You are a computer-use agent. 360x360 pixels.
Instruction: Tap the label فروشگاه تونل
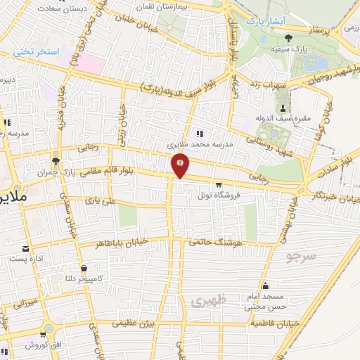(x=217, y=195)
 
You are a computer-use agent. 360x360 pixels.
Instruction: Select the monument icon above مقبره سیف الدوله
(x=283, y=108)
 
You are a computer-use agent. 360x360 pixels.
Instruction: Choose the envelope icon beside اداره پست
(x=25, y=249)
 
